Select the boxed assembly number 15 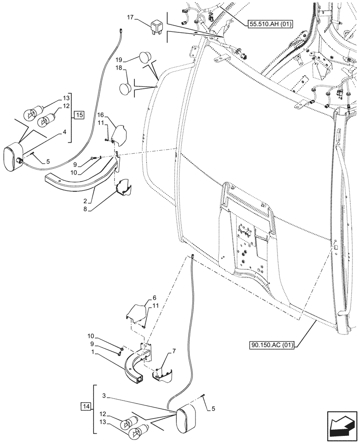[78, 116]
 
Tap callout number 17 [130, 18]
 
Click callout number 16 [101, 114]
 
